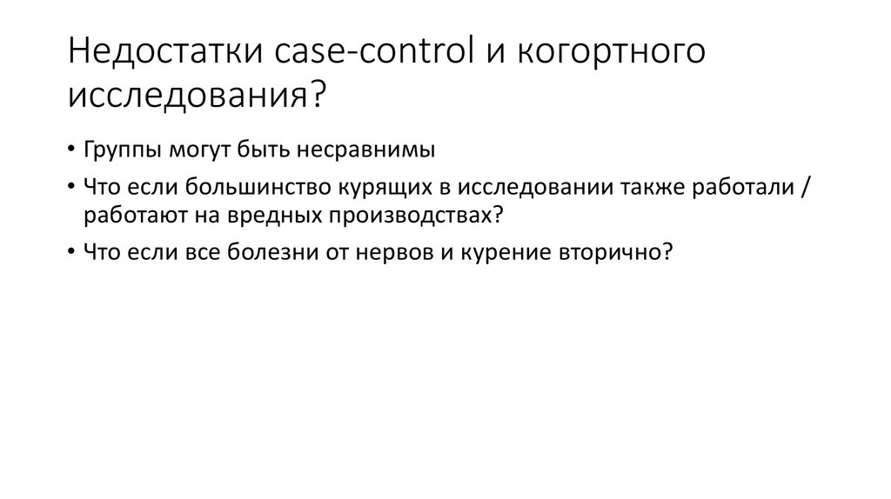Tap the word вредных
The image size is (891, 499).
tap(232, 214)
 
